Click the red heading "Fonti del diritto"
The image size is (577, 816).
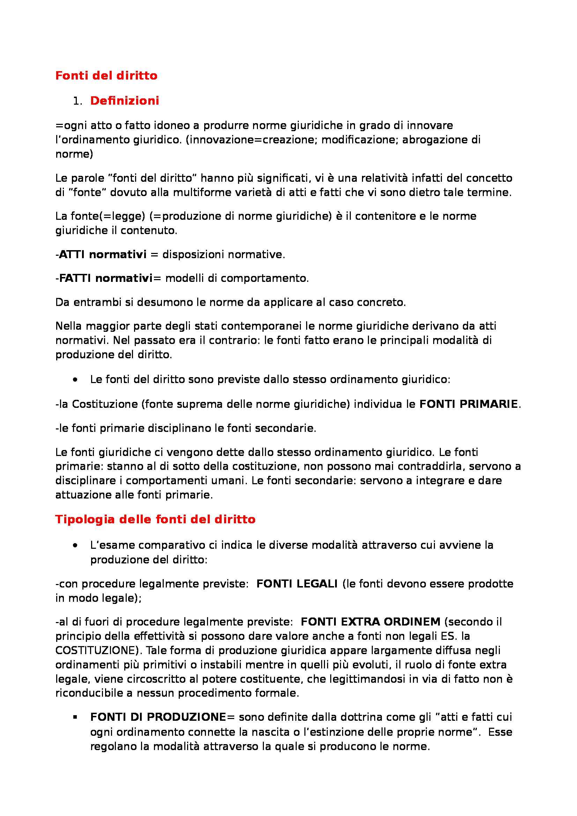tap(106, 76)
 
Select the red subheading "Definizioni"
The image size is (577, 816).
tap(124, 101)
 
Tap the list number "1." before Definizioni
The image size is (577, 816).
tap(77, 101)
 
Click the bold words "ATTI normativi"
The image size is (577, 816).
tap(103, 254)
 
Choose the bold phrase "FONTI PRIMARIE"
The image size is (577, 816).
tap(468, 404)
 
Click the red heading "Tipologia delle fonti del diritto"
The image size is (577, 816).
tap(155, 519)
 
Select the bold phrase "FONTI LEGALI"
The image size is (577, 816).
tap(296, 584)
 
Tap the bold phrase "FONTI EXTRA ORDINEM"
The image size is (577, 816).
tap(370, 622)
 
